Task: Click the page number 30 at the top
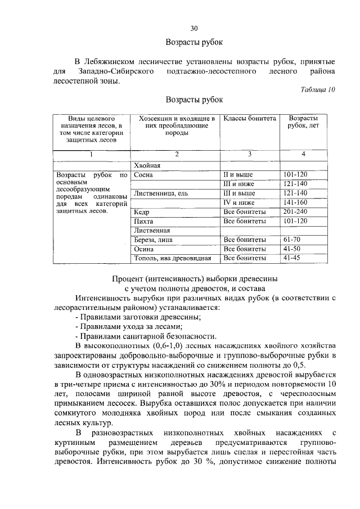tap(194, 28)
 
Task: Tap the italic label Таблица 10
tap(318, 89)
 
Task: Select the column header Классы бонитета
tap(250, 119)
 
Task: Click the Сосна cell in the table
tap(143, 174)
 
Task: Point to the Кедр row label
tap(141, 212)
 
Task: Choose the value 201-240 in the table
tap(296, 211)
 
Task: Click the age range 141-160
tap(296, 202)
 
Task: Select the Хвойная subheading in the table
tap(147, 165)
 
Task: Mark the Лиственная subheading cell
tap(152, 231)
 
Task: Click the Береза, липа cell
tap(153, 240)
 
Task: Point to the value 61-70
tap(292, 240)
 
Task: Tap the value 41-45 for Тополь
tap(292, 258)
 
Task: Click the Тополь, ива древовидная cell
tap(172, 259)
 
